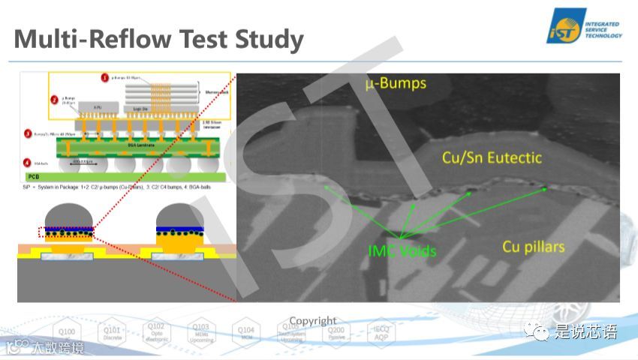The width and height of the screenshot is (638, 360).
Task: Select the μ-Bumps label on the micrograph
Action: click(x=396, y=83)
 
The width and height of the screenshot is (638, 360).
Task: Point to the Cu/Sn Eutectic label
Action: click(x=492, y=158)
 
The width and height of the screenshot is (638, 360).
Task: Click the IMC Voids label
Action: click(x=402, y=250)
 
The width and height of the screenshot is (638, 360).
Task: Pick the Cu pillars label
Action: click(x=534, y=247)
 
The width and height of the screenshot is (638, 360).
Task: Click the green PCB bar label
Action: click(x=33, y=178)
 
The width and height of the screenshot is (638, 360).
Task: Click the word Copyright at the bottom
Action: click(x=313, y=321)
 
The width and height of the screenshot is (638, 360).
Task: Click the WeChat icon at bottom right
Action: click(x=537, y=331)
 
